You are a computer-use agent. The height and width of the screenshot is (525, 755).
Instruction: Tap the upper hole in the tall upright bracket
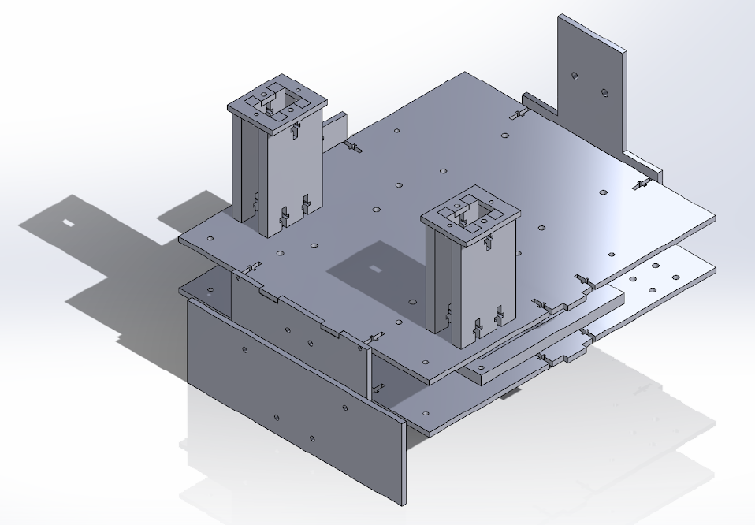pos(574,76)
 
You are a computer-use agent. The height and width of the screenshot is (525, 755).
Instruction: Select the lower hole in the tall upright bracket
pos(604,92)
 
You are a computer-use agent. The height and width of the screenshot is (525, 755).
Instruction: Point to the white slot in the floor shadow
pos(69,223)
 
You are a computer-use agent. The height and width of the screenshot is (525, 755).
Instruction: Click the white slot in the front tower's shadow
pos(374,270)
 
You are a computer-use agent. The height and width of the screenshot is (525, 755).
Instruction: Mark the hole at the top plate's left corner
pos(210,237)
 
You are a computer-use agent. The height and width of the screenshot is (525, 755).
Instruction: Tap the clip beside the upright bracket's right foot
pos(642,185)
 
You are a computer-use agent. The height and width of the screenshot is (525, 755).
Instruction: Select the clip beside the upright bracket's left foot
pos(517,115)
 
